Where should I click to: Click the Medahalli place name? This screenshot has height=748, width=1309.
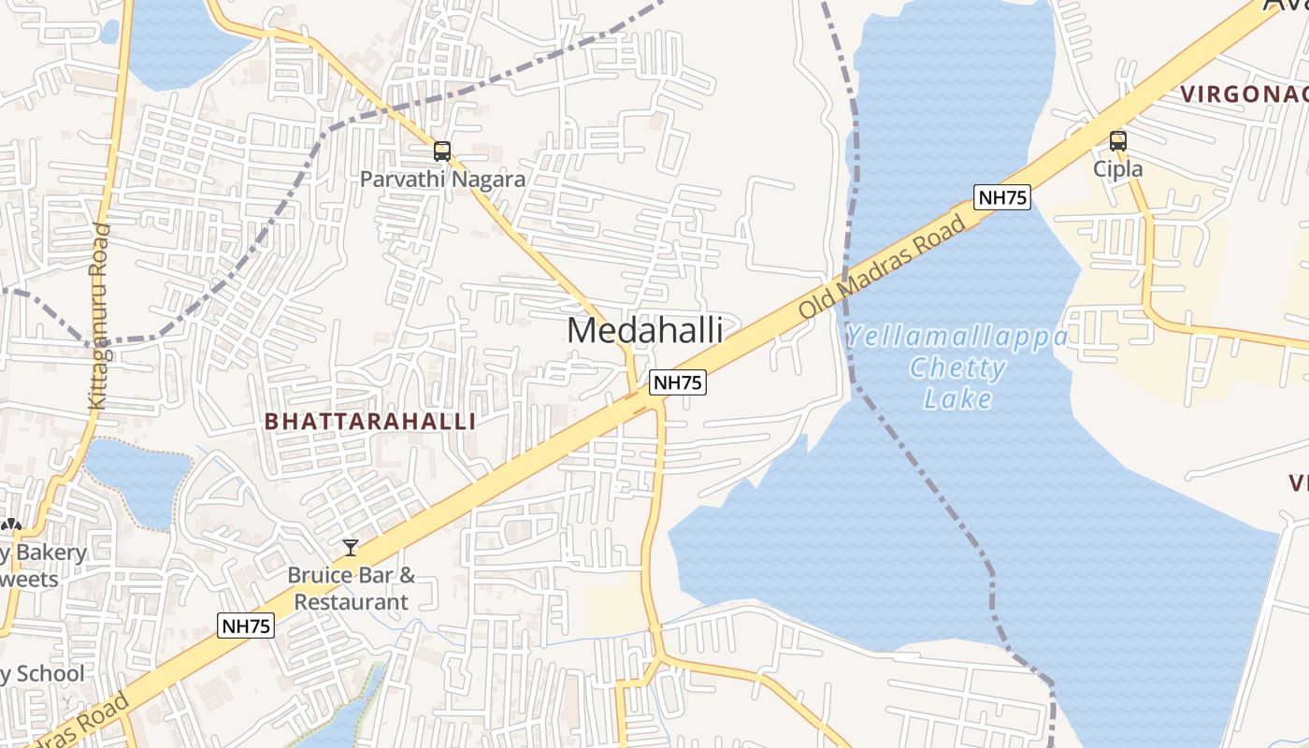[644, 330]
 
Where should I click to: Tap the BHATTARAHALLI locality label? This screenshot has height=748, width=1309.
[370, 421]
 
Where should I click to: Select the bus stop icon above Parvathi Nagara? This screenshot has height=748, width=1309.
[442, 151]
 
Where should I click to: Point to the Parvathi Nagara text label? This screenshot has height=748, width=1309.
[442, 179]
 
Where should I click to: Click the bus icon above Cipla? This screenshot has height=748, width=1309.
[1118, 141]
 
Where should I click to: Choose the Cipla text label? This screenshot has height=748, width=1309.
[1118, 168]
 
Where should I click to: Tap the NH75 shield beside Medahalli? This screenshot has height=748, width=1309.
[678, 381]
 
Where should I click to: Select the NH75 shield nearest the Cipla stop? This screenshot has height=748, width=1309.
[1001, 197]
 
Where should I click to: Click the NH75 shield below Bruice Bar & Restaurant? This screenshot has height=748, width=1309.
[247, 626]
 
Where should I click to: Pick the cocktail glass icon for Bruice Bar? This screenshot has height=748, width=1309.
[351, 547]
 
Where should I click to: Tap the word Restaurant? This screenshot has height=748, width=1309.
[352, 601]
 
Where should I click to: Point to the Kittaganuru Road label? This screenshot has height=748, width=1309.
[98, 316]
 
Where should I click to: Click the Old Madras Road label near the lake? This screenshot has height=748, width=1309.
[881, 266]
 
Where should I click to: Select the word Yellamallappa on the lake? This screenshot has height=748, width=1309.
[956, 337]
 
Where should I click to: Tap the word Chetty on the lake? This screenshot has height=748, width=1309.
[957, 367]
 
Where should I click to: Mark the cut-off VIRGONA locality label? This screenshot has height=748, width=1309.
[1244, 93]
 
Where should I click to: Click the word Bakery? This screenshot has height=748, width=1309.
[50, 553]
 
